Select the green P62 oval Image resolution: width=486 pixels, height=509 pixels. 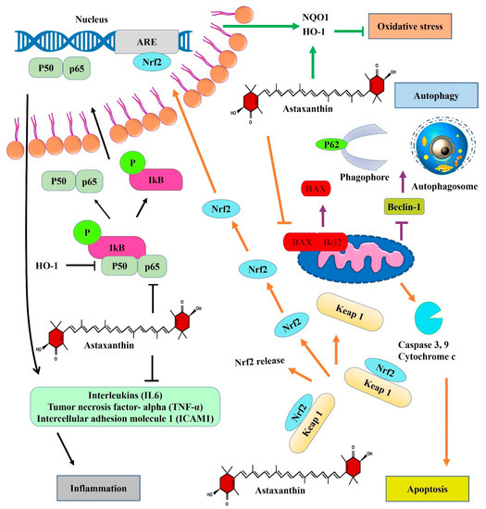336,143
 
